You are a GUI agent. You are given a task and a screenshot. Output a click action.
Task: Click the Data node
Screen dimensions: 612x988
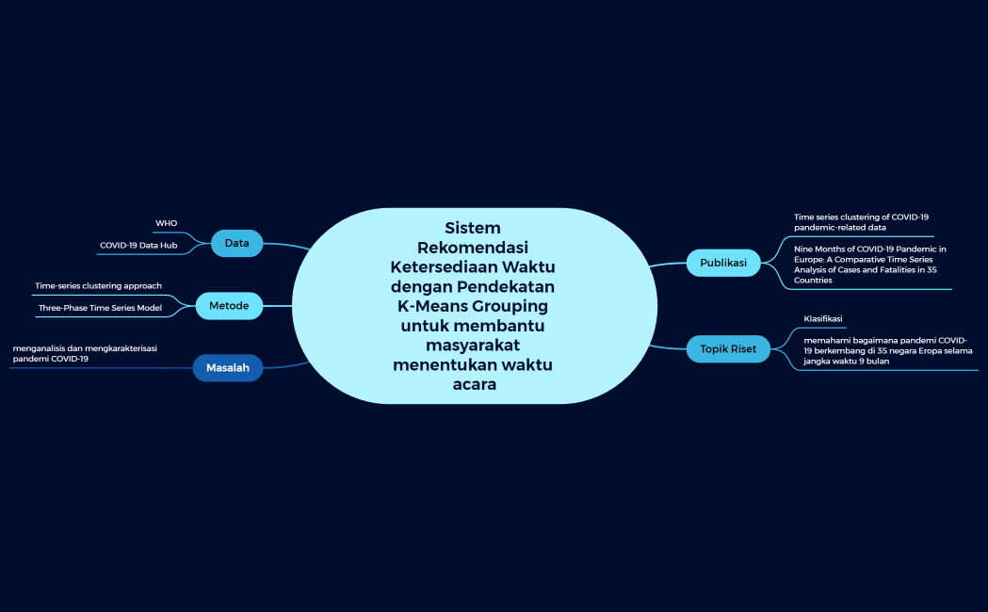[236, 243]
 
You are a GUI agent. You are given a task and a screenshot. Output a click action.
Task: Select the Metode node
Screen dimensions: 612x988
[229, 305]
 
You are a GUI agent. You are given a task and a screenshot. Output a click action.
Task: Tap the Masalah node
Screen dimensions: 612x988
[227, 367]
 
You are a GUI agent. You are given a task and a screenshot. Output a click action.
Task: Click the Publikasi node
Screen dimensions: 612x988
[723, 263]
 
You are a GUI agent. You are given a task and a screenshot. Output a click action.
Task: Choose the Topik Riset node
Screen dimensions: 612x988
[728, 348]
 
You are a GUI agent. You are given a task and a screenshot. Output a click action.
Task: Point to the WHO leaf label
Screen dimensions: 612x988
[166, 223]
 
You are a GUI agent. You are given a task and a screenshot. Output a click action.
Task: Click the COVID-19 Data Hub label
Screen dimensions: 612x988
[138, 245]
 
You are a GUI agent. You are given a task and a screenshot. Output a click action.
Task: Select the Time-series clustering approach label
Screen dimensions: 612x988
[98, 285]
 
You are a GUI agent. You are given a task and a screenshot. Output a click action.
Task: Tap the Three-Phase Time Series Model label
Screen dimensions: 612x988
[100, 307]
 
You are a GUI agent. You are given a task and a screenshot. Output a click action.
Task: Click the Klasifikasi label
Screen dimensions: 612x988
[822, 318]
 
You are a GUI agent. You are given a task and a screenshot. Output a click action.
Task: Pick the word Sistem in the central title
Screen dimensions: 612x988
[472, 228]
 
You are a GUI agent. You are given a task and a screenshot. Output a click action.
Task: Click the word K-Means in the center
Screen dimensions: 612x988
[429, 306]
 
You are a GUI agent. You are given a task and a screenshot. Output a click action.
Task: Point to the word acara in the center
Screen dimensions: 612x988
[474, 384]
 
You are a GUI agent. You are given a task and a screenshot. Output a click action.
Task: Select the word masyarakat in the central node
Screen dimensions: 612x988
[473, 345]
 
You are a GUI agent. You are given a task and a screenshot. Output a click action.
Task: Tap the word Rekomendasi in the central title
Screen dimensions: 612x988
[473, 248]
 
